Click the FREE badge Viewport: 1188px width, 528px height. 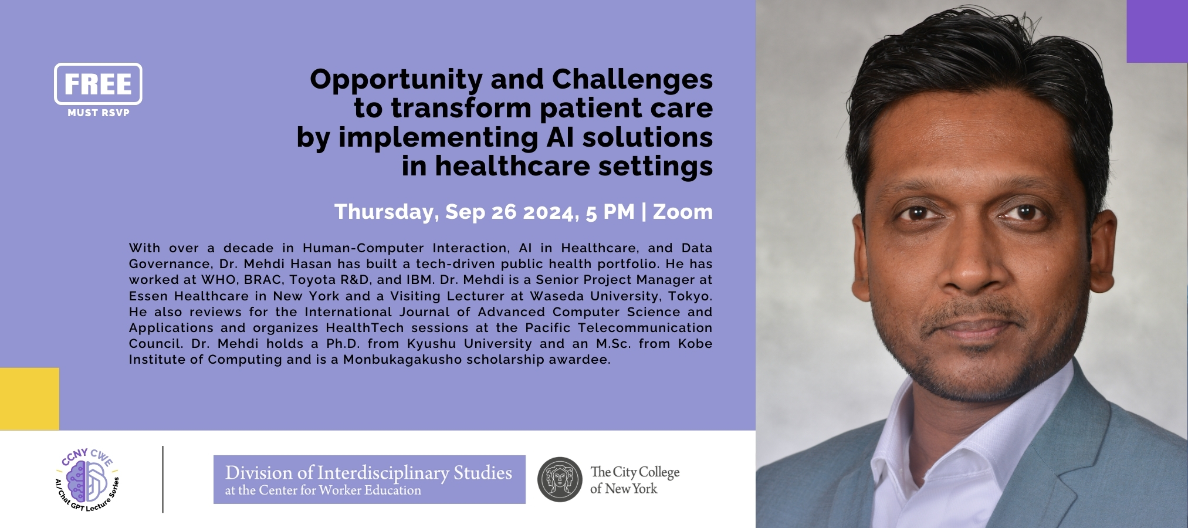click(98, 84)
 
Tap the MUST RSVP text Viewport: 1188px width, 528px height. click(99, 113)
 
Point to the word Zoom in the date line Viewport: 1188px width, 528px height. click(683, 211)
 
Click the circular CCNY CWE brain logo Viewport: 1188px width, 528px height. click(88, 479)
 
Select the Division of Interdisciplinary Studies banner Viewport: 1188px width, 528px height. click(370, 479)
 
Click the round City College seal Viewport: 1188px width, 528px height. click(560, 479)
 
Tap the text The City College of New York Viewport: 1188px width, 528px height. click(635, 480)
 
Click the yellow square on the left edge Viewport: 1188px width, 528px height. click(29, 399)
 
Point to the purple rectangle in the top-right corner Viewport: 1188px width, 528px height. click(1157, 31)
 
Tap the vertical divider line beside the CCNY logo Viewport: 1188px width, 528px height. click(163, 479)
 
